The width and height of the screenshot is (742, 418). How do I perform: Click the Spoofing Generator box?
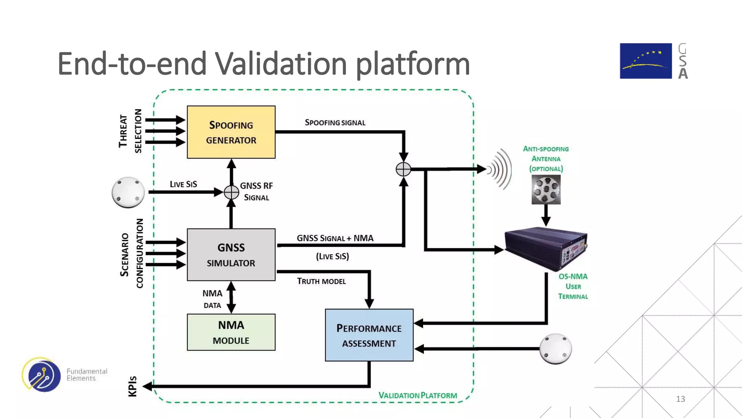click(x=231, y=132)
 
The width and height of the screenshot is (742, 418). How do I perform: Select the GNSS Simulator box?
click(x=231, y=255)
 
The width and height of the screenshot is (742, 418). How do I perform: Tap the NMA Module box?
click(x=231, y=332)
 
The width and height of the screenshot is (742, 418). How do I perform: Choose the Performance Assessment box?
click(x=369, y=335)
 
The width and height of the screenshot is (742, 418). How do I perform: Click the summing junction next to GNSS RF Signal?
click(x=231, y=192)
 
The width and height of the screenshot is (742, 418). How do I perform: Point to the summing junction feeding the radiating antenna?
click(x=403, y=169)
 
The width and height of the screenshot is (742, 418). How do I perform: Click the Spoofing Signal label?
click(x=335, y=123)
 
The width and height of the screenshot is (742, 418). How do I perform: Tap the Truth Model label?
click(x=321, y=281)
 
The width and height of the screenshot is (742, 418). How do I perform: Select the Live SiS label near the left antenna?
click(x=183, y=184)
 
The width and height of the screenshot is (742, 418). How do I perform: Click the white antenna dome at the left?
click(x=128, y=192)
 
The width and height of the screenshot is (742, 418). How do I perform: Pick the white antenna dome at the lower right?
click(x=555, y=349)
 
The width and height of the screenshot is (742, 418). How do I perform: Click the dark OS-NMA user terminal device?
click(x=546, y=249)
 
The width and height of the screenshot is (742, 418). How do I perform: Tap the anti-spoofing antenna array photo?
click(x=546, y=189)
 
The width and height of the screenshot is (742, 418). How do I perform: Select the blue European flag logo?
click(x=645, y=61)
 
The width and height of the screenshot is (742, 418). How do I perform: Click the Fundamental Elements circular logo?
click(x=42, y=374)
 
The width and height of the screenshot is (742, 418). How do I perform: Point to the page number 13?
click(x=680, y=399)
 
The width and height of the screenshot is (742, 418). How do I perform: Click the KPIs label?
click(x=133, y=386)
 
